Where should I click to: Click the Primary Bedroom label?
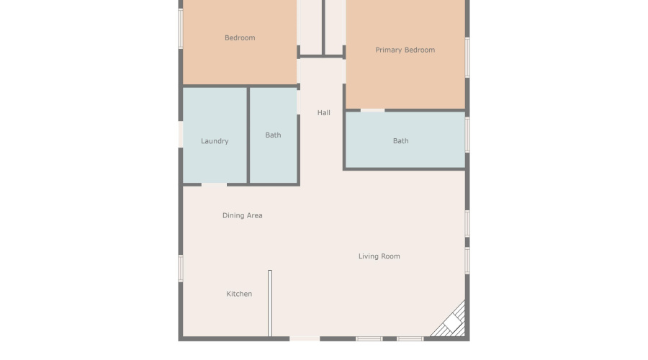(405, 50)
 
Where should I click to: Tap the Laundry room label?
(215, 141)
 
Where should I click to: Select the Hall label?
(324, 113)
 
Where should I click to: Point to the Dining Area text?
(242, 215)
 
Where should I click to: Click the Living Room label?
(379, 256)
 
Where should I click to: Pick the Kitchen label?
(239, 294)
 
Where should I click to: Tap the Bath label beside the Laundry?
(273, 135)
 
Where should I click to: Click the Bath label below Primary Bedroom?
(400, 141)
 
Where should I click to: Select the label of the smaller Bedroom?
(240, 38)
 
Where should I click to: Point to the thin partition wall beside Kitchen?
(270, 302)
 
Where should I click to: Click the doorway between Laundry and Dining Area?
(214, 185)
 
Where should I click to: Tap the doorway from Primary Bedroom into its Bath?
(372, 110)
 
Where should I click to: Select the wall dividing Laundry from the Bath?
(248, 135)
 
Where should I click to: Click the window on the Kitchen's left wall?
(181, 267)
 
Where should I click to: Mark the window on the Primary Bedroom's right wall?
(467, 57)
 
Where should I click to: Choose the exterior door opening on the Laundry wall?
(180, 135)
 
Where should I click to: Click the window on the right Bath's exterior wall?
(467, 135)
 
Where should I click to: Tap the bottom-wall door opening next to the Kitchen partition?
(305, 338)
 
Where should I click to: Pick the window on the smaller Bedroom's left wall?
(181, 29)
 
